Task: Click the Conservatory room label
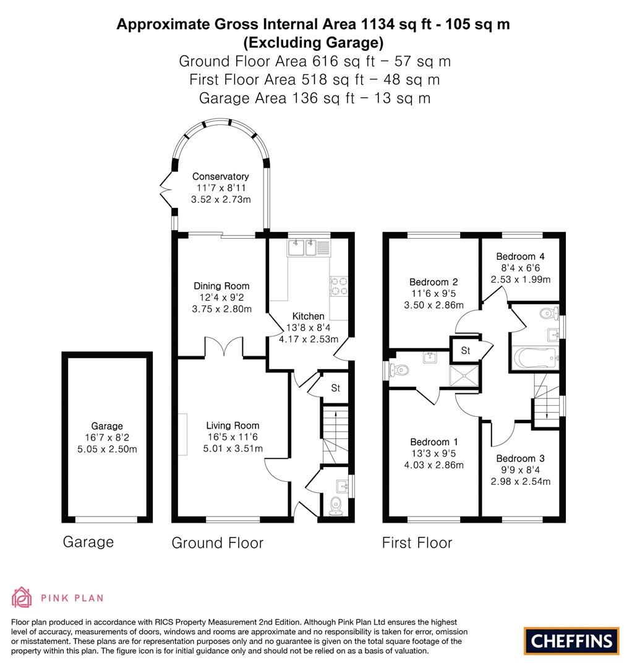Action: click(x=220, y=176)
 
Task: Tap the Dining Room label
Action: click(x=221, y=286)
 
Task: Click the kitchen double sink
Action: click(x=302, y=249)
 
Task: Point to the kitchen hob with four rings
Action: click(x=339, y=286)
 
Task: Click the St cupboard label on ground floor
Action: click(x=336, y=388)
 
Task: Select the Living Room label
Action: click(x=233, y=426)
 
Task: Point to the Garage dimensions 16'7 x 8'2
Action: click(x=106, y=437)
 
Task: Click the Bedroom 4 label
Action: click(x=520, y=257)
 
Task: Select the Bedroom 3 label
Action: click(x=520, y=458)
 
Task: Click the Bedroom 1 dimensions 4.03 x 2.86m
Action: click(x=433, y=465)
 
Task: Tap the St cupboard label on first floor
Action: click(x=466, y=351)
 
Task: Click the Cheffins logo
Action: click(x=571, y=640)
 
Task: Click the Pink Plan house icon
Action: click(x=22, y=597)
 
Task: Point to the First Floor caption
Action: click(x=417, y=542)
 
